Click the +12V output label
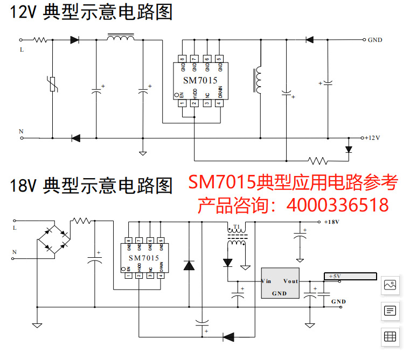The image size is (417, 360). [372, 138]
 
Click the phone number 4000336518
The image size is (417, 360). [338, 205]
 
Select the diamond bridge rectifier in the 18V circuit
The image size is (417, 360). [53, 237]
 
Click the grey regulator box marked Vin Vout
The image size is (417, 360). [280, 283]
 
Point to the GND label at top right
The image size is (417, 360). [375, 40]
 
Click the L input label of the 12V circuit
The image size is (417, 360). [22, 50]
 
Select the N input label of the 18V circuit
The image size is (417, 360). [15, 252]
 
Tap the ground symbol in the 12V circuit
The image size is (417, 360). [143, 153]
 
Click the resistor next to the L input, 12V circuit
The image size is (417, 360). [41, 39]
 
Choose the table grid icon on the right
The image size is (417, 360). [390, 337]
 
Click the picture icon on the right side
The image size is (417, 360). [390, 285]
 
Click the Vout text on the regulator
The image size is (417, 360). [290, 281]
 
